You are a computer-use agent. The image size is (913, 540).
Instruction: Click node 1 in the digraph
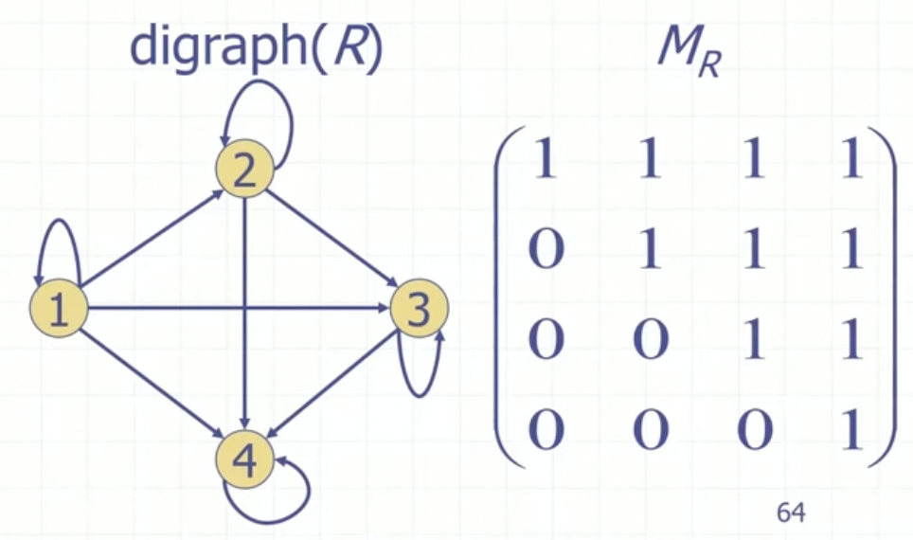coord(59,310)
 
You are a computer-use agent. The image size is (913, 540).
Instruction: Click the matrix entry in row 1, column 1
coord(546,162)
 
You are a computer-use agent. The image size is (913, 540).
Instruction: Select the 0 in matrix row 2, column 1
coord(546,251)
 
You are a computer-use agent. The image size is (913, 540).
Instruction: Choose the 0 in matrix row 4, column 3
coord(752,431)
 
